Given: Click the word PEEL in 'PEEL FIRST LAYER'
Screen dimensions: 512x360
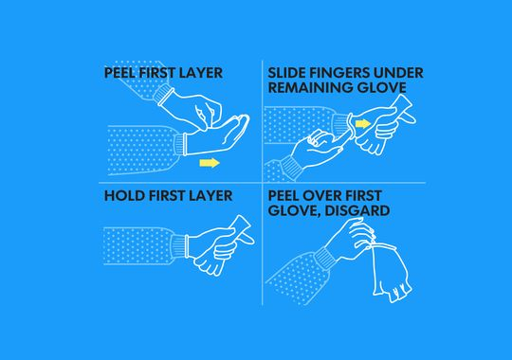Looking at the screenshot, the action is pyautogui.click(x=119, y=73).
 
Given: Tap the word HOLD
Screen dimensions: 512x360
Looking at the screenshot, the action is pyautogui.click(x=125, y=196).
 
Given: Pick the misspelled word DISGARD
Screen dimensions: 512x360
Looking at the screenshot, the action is pyautogui.click(x=357, y=210).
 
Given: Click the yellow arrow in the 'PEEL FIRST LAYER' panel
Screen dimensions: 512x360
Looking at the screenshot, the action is pyautogui.click(x=210, y=163).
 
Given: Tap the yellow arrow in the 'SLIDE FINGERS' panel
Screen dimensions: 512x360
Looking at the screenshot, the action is pyautogui.click(x=363, y=124).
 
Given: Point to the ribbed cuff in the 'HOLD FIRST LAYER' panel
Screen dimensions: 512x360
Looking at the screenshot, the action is pyautogui.click(x=179, y=245).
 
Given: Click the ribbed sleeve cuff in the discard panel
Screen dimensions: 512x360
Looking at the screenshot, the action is pyautogui.click(x=325, y=257).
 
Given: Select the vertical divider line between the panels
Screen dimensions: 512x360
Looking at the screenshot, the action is pyautogui.click(x=263, y=183).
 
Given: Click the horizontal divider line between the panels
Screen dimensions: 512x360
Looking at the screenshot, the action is pyautogui.click(x=263, y=183).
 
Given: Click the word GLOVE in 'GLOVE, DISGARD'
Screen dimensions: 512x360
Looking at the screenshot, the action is pyautogui.click(x=295, y=210).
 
